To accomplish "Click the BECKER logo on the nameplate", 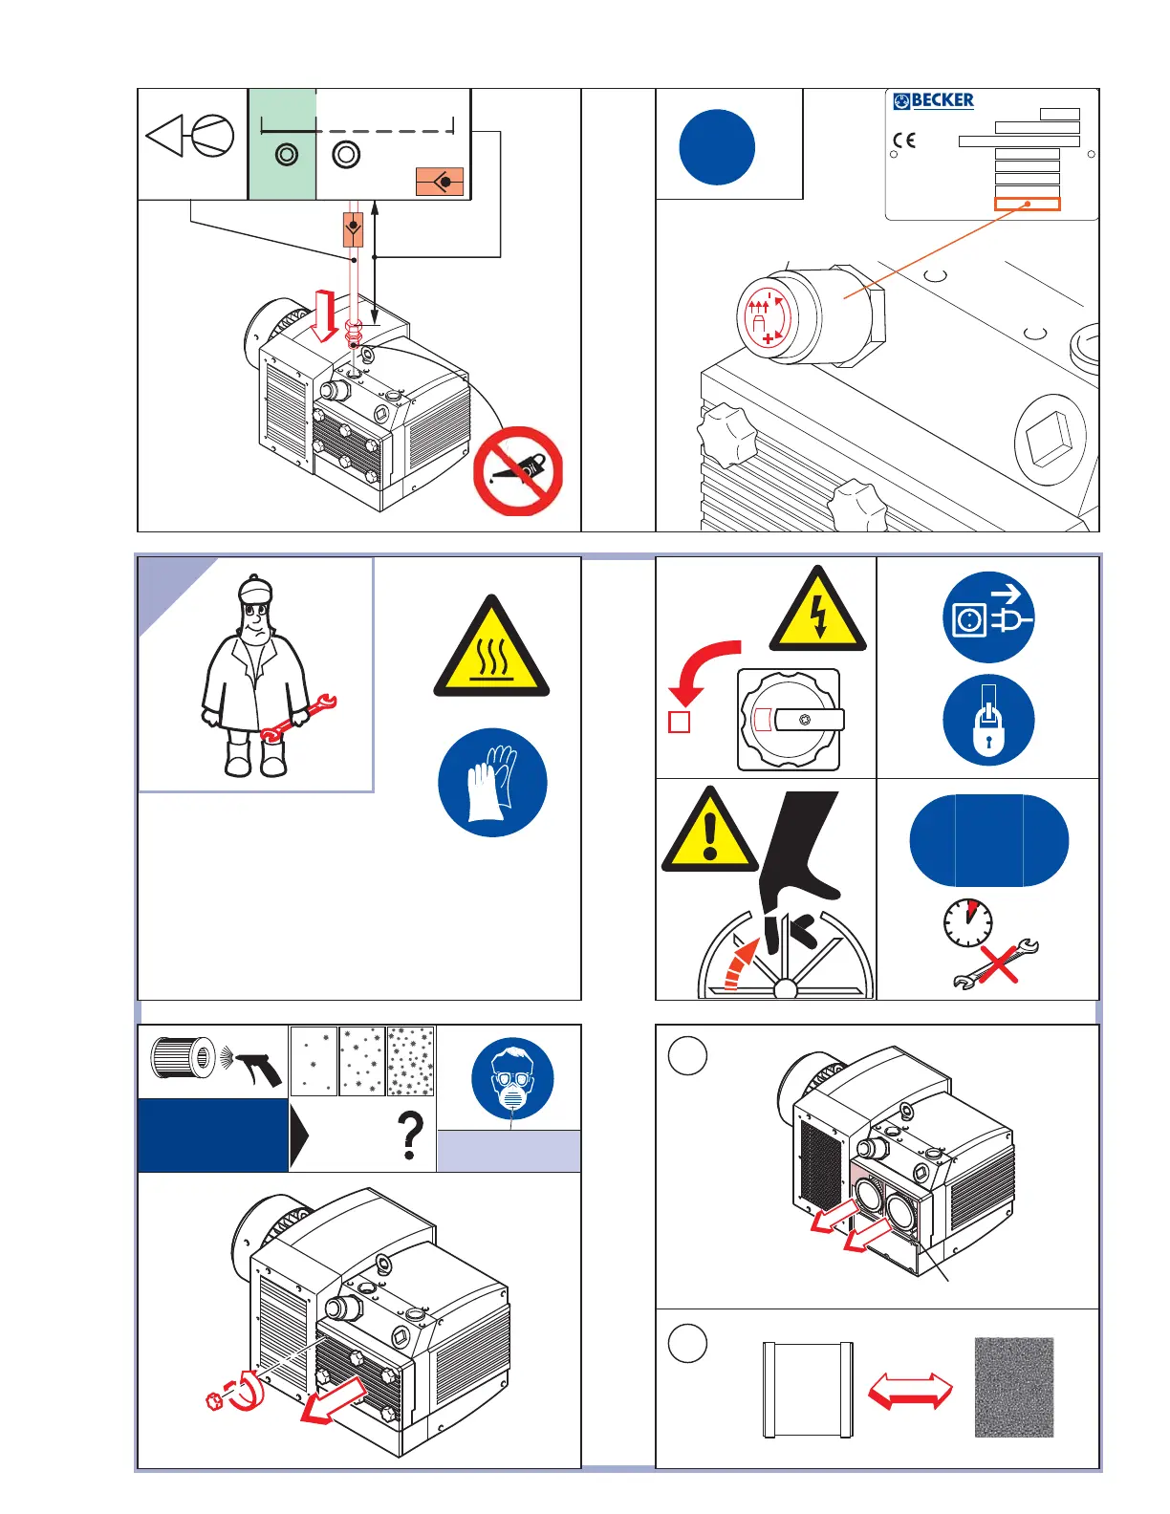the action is pyautogui.click(x=933, y=100).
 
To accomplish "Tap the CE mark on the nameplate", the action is pyautogui.click(x=904, y=141).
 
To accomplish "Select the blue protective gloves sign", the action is pyautogui.click(x=492, y=783).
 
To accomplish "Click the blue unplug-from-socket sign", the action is pyautogui.click(x=988, y=617).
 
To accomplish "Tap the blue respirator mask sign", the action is pyautogui.click(x=512, y=1078).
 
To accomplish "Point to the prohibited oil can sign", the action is pyautogui.click(x=518, y=471).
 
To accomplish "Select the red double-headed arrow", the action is pyautogui.click(x=910, y=1390).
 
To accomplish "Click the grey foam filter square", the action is pyautogui.click(x=1013, y=1387).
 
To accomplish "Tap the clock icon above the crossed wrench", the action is pyautogui.click(x=967, y=922).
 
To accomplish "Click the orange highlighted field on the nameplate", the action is pyautogui.click(x=1027, y=204).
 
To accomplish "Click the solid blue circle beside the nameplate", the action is pyautogui.click(x=717, y=147).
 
